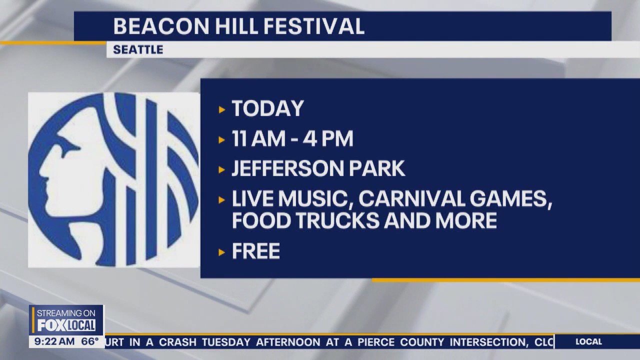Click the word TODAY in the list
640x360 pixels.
coord(268,109)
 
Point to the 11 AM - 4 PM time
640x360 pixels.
coord(292,139)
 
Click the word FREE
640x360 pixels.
coord(255,251)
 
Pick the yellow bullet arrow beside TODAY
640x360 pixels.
coord(222,109)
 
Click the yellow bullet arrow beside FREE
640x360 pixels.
coord(222,252)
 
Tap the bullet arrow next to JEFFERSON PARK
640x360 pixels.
coord(222,169)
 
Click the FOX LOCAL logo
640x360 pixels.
coord(66,325)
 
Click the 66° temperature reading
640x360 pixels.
coord(90,342)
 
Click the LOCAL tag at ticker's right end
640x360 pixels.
coord(588,342)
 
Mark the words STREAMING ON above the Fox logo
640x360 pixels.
coord(66,313)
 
